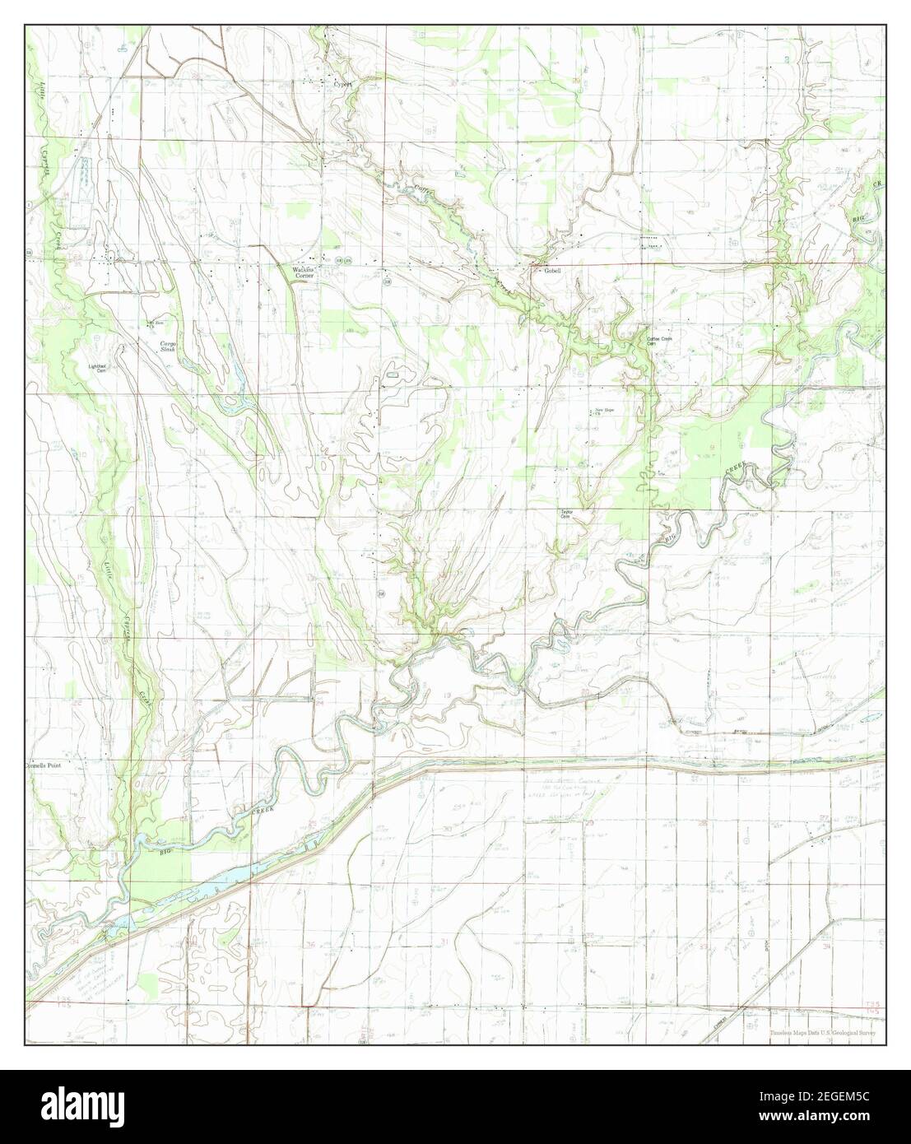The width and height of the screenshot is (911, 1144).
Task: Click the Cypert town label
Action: [x=341, y=83]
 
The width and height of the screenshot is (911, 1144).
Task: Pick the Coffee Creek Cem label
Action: [x=659, y=342]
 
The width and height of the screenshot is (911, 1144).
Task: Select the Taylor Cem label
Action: [x=566, y=514]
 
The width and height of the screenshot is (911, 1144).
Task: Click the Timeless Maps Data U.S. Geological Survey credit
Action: [x=822, y=1033]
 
